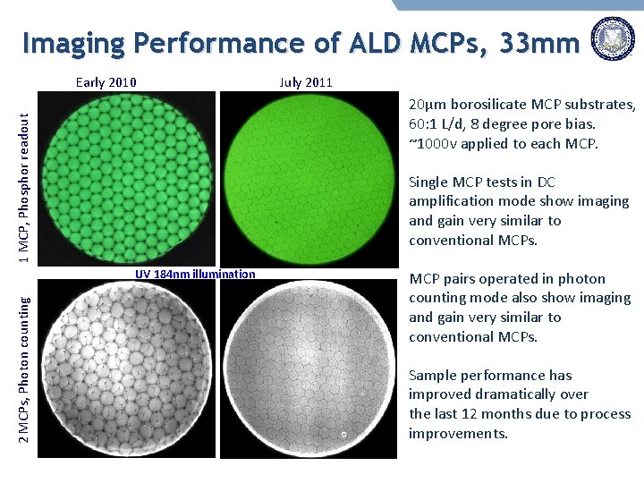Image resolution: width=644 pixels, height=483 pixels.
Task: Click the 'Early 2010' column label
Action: click(106, 82)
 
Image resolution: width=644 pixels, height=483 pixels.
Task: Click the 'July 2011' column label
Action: click(305, 82)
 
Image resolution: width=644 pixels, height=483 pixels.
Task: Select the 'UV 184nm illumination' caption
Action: click(195, 275)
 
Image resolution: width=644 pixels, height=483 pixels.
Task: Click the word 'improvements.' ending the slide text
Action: click(458, 433)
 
